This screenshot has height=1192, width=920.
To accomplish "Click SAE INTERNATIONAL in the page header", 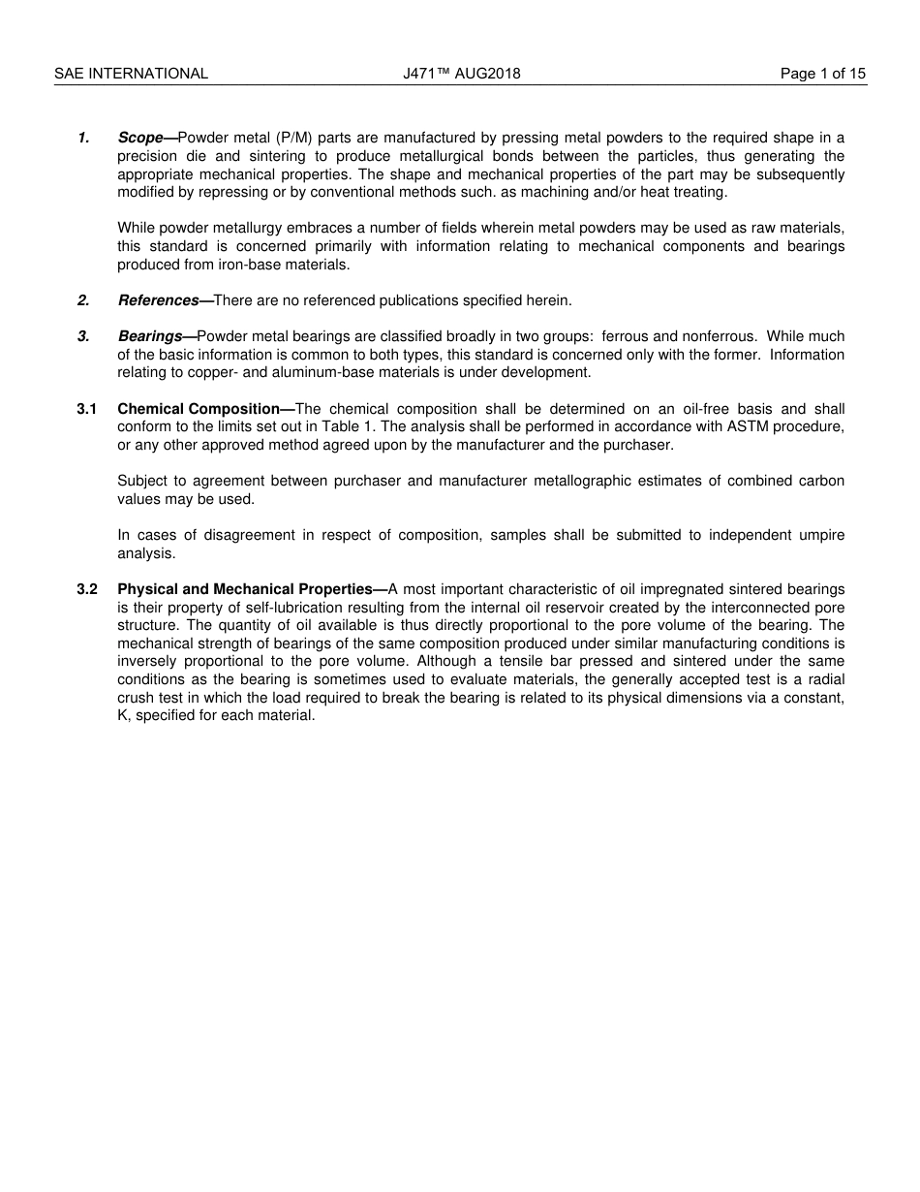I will click(x=131, y=74).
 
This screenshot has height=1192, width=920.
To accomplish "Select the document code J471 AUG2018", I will click(x=461, y=74).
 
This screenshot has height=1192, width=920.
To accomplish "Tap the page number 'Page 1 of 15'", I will click(x=823, y=74).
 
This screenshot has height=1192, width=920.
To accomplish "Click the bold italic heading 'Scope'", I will click(x=140, y=138).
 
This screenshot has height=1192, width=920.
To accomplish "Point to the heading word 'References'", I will click(x=159, y=300).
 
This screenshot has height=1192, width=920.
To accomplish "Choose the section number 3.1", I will click(x=87, y=409).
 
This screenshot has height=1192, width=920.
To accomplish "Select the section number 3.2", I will click(x=87, y=589).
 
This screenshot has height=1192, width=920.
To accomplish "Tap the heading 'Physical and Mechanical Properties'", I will click(x=245, y=589).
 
